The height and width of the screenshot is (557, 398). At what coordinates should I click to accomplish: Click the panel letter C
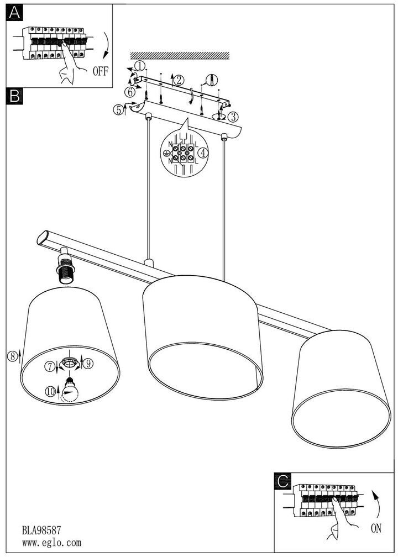click(x=284, y=481)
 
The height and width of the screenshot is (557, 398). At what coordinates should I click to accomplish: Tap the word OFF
click(x=101, y=71)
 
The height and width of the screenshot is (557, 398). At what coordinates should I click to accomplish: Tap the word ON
click(x=376, y=529)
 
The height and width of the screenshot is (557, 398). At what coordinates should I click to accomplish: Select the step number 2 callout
click(x=179, y=80)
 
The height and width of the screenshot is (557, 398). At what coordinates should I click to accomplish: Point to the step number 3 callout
click(x=233, y=117)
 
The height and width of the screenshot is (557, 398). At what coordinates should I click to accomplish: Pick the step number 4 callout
click(x=204, y=152)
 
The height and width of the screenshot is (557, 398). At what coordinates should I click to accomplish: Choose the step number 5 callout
click(x=119, y=109)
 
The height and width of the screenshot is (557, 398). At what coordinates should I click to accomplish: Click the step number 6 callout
click(x=129, y=91)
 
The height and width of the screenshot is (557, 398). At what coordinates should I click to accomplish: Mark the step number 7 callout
click(x=50, y=366)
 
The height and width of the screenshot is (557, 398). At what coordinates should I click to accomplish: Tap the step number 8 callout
click(x=12, y=356)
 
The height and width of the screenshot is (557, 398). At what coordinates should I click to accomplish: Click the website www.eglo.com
click(x=51, y=543)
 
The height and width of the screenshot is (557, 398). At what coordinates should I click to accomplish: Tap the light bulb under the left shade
click(x=70, y=389)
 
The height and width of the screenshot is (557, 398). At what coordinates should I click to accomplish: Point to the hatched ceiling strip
click(x=180, y=55)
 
